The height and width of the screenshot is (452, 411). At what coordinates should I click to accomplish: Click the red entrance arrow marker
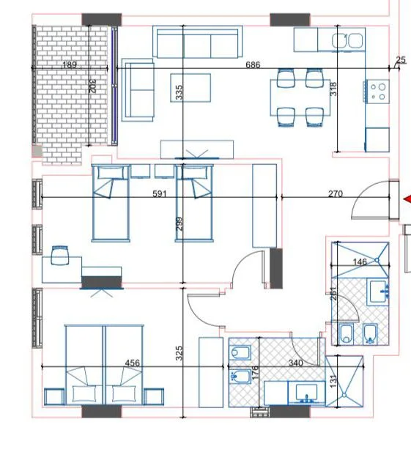pyautogui.click(x=407, y=199)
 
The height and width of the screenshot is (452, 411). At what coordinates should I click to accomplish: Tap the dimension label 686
pyautogui.click(x=253, y=65)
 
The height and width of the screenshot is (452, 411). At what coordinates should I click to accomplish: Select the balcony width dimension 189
pyautogui.click(x=70, y=65)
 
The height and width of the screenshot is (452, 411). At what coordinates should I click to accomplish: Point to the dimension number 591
pyautogui.click(x=160, y=194)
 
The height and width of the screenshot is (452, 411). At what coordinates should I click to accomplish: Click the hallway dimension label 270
pyautogui.click(x=335, y=194)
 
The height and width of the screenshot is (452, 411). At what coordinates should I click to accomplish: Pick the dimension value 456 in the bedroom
pyautogui.click(x=133, y=363)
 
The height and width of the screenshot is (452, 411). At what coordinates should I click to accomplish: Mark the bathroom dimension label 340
pyautogui.click(x=295, y=363)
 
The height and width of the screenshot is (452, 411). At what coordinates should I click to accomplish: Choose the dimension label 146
pyautogui.click(x=360, y=262)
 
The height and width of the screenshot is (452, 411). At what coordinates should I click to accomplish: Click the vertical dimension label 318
pyautogui.click(x=334, y=89)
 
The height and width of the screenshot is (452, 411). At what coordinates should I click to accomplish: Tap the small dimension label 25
pyautogui.click(x=400, y=60)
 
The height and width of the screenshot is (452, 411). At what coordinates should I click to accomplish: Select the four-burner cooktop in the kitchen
pyautogui.click(x=378, y=92)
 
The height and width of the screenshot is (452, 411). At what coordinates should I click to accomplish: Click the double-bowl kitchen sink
pyautogui.click(x=347, y=40)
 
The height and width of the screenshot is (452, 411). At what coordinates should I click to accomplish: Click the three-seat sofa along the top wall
pyautogui.click(x=198, y=42)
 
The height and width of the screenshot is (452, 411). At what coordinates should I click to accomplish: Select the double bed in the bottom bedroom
pyautogui.click(x=103, y=364)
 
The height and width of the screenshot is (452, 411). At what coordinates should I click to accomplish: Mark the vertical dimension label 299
pyautogui.click(x=179, y=224)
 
